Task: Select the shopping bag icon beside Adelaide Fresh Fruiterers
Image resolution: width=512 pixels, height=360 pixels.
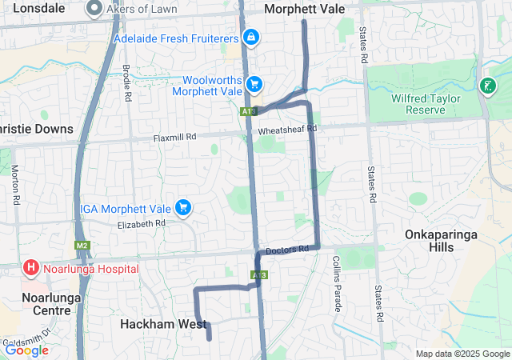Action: [251, 37]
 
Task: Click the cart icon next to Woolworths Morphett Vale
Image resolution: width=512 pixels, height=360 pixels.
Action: [254, 83]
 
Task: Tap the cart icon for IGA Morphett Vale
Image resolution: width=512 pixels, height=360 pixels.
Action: [184, 208]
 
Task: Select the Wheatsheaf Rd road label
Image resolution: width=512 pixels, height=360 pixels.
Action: [288, 128]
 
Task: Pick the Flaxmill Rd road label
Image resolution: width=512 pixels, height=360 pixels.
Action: [174, 138]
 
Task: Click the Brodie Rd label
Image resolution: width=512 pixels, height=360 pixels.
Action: [127, 83]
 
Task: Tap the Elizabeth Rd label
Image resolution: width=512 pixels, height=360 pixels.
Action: [141, 224]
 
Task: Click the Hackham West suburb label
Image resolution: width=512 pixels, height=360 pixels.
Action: [163, 324]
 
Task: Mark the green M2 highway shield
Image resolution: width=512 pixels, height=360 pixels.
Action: [82, 246]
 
